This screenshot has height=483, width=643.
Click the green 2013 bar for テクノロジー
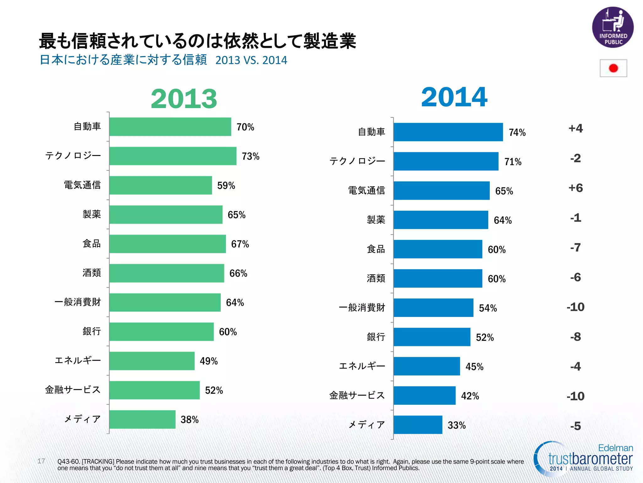(x=173, y=156)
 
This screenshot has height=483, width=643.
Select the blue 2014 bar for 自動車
(x=448, y=132)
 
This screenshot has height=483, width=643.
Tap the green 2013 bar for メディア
(x=142, y=419)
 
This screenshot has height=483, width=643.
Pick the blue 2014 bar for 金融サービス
(x=424, y=396)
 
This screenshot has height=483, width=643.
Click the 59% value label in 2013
(x=226, y=186)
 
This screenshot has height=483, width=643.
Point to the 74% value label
(x=517, y=132)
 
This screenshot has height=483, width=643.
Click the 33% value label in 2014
(x=457, y=425)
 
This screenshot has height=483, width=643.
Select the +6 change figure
(x=575, y=188)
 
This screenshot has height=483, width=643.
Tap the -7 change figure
(x=575, y=247)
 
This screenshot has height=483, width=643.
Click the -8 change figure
(x=575, y=337)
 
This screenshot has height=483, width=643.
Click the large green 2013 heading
(x=184, y=99)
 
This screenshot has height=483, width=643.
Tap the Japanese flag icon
(x=613, y=68)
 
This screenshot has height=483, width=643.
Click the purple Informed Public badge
(x=613, y=28)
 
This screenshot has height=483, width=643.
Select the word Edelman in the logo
(x=615, y=448)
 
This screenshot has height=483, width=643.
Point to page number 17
(x=41, y=461)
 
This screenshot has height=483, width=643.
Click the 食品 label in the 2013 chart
(x=92, y=243)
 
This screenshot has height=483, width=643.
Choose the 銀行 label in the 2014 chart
(x=376, y=337)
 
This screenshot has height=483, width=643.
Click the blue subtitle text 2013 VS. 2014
(x=251, y=60)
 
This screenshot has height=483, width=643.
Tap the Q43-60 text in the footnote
(x=69, y=462)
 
